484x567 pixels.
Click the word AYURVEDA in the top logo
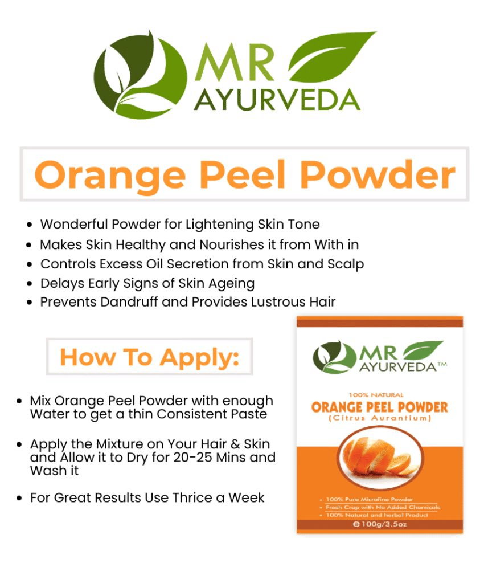[277, 100]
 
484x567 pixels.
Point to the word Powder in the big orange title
[378, 174]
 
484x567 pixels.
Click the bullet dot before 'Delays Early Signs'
[29, 284]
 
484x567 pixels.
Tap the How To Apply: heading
[149, 357]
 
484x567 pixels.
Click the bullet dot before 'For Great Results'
[19, 498]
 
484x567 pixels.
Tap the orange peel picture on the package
[380, 458]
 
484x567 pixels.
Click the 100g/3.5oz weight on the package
[380, 524]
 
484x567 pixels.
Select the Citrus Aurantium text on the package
[380, 418]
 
